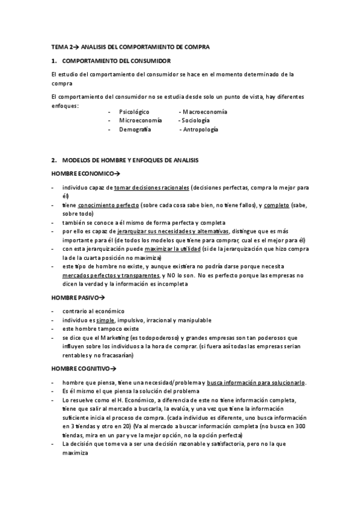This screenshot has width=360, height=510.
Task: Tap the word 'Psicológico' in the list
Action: pyautogui.click(x=134, y=112)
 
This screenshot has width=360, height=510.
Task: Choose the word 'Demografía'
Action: pyautogui.click(x=135, y=129)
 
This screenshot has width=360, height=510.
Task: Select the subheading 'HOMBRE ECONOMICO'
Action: pyautogui.click(x=83, y=173)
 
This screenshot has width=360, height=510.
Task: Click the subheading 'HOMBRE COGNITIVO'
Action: pyautogui.click(x=83, y=368)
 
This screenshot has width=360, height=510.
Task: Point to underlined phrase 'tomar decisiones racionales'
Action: pyautogui.click(x=152, y=188)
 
